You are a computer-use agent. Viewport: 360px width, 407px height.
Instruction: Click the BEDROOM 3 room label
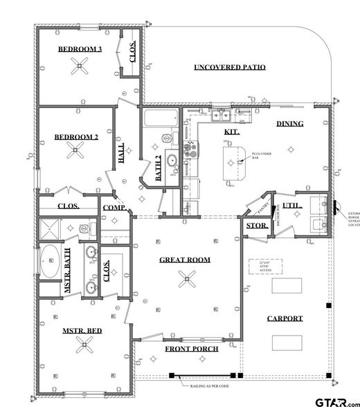80,49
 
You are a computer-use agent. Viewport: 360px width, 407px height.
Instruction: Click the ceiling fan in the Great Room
185,279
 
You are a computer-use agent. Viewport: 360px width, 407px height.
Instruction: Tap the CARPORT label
285,318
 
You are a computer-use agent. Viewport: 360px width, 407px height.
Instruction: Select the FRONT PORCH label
191,349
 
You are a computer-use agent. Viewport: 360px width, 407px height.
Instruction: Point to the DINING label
290,123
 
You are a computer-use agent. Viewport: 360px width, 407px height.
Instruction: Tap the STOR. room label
253,226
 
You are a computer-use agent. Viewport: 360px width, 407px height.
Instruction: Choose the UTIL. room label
291,206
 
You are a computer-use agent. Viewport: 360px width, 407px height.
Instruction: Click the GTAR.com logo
336,400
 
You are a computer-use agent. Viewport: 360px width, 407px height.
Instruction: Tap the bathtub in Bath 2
161,117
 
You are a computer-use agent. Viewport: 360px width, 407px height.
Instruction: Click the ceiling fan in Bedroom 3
80,67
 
